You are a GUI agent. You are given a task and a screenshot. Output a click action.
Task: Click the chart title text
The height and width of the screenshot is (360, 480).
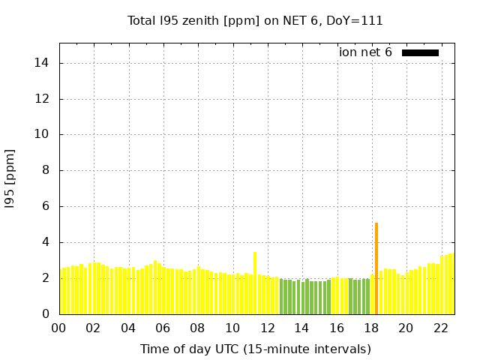255,21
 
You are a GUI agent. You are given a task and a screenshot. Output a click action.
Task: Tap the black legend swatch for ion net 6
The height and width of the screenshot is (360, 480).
420,52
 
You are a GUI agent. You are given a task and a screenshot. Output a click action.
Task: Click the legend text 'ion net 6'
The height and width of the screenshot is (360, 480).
365,52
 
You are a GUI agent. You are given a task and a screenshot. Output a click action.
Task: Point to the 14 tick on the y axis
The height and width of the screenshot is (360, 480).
41,63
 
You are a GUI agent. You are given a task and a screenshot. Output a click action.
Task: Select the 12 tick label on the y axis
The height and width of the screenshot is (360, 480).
41,99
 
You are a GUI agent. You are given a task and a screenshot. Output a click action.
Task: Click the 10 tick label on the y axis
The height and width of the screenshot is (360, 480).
41,135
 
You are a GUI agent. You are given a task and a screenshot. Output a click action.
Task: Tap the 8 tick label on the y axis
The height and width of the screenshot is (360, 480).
44,170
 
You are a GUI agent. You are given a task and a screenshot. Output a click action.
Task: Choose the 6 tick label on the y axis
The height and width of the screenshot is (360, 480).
44,206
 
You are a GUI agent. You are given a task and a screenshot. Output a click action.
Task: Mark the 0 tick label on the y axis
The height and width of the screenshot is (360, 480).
44,314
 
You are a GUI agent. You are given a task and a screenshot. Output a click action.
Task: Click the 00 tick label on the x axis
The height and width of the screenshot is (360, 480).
58,328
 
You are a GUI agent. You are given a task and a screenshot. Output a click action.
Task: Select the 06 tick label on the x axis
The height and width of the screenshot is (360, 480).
163,328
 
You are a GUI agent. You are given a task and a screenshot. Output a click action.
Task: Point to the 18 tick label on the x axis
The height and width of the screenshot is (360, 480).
371,328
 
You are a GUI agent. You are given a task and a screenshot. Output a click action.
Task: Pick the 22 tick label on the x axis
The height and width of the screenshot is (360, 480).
440,328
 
